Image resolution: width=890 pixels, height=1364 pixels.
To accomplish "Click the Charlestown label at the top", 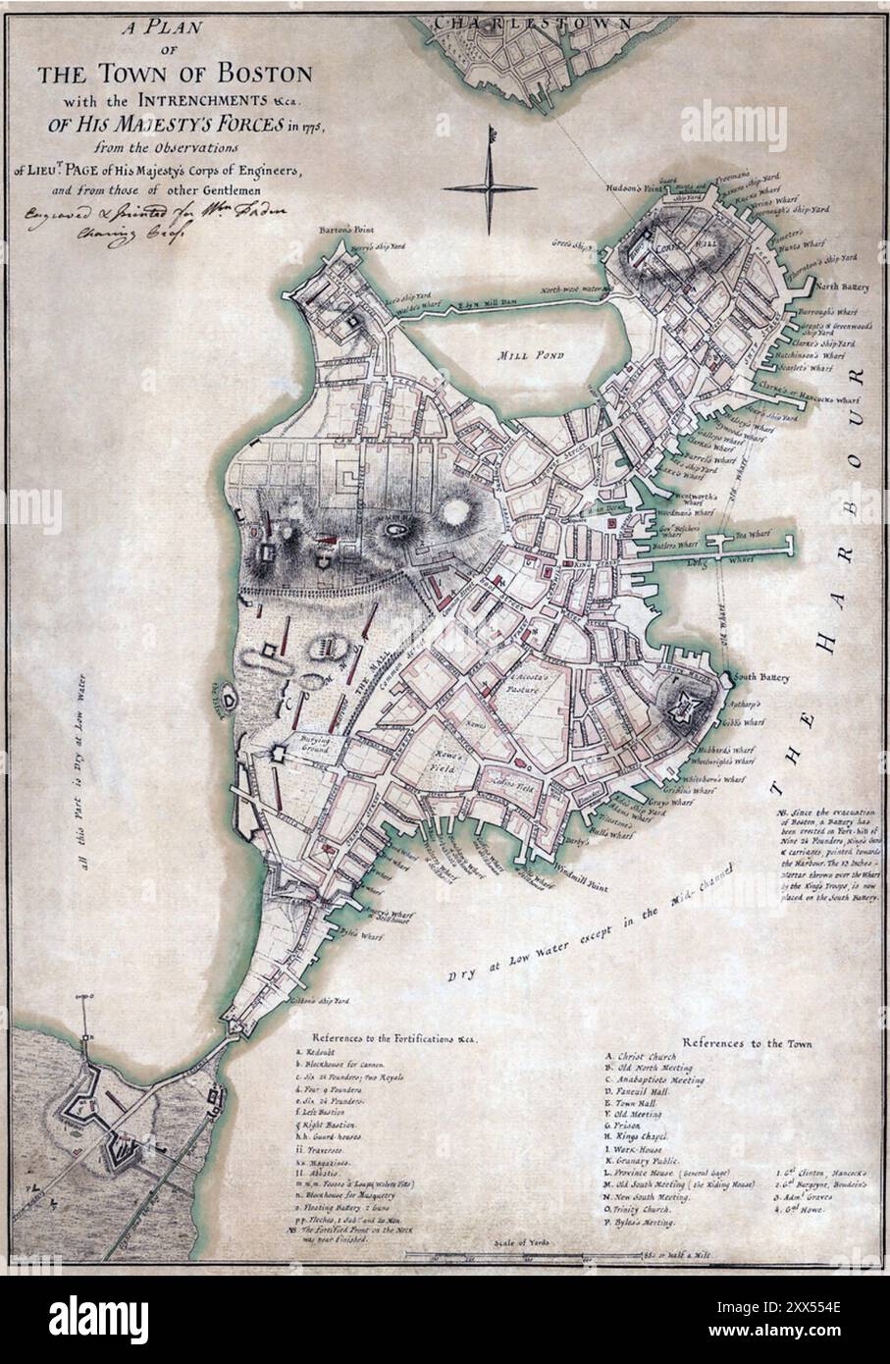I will pos(506,20).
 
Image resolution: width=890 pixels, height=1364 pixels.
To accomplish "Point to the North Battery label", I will pos(837,287).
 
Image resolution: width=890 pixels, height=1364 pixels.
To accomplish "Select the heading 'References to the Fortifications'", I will pos(393,1038).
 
